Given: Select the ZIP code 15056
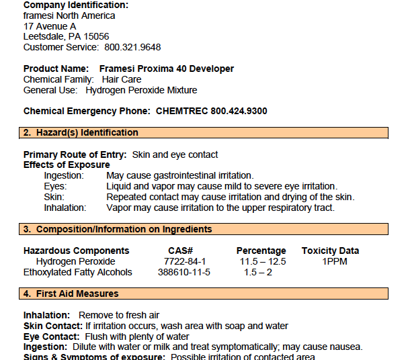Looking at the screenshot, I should [94, 36].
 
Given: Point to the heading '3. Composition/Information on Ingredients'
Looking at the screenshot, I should [118, 229].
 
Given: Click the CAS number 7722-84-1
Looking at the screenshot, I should [185, 261].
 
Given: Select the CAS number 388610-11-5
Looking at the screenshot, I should [185, 272].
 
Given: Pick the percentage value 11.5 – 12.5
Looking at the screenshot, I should [263, 261].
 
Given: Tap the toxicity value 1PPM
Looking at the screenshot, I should [334, 261].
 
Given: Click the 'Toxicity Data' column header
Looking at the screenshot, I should [330, 251].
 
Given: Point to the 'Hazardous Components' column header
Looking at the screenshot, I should [77, 251].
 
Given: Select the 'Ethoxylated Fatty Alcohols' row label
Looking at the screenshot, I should [78, 272].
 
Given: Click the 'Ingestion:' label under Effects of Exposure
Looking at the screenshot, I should [64, 175].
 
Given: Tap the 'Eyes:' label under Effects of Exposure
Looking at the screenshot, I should [55, 186].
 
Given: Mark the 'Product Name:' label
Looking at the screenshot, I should [56, 69].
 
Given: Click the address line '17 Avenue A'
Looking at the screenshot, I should [50, 26].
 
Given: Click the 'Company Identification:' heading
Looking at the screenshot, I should [76, 5].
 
